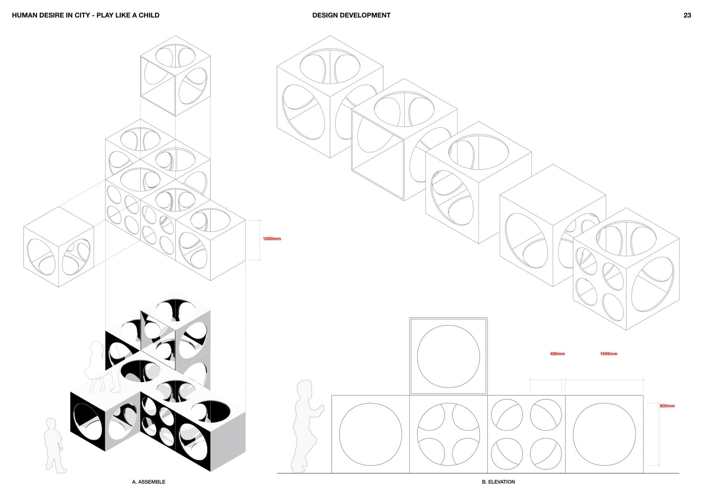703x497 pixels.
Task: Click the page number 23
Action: pyautogui.click(x=687, y=15)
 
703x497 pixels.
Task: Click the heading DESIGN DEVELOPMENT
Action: pyautogui.click(x=351, y=15)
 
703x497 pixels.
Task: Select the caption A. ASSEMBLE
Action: pyautogui.click(x=148, y=482)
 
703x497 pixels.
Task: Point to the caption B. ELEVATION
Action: pyautogui.click(x=498, y=482)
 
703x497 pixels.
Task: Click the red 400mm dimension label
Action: pyautogui.click(x=557, y=354)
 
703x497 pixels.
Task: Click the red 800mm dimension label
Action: pyautogui.click(x=667, y=406)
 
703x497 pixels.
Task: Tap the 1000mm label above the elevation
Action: pyautogui.click(x=608, y=354)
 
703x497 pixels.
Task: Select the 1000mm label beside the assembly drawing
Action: pyautogui.click(x=272, y=239)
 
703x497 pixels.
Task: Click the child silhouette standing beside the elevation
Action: pyautogui.click(x=307, y=426)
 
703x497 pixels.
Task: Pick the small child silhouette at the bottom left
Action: pyautogui.click(x=54, y=445)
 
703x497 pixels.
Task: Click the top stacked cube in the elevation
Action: pyautogui.click(x=448, y=356)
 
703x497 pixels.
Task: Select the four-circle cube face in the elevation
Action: pyautogui.click(x=526, y=434)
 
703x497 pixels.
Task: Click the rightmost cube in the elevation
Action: pyautogui.click(x=604, y=434)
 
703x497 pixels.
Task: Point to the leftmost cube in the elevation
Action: pyautogui.click(x=371, y=434)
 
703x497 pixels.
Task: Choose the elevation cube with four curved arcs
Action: pyautogui.click(x=448, y=434)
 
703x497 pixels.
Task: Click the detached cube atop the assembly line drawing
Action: pyautogui.click(x=175, y=76)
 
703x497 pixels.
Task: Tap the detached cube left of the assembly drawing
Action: pyautogui.click(x=59, y=247)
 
